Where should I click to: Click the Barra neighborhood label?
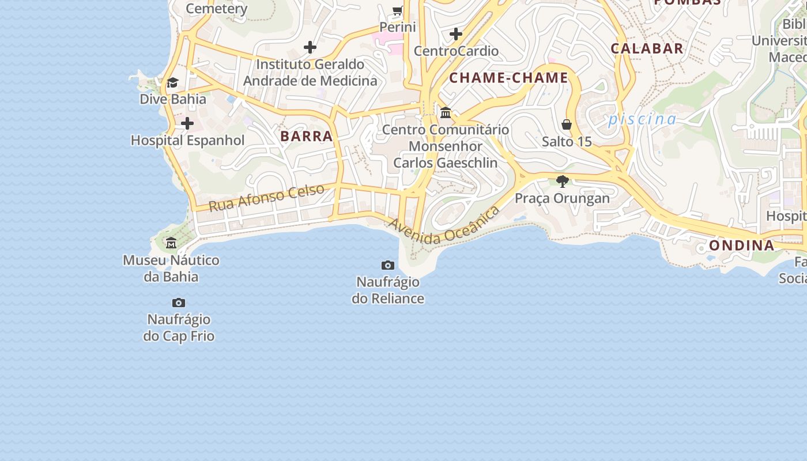tap(307, 137)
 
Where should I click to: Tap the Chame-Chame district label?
tap(508, 78)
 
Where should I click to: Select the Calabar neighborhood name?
tap(647, 48)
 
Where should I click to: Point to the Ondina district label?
tap(741, 245)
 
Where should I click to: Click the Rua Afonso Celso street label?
tap(266, 198)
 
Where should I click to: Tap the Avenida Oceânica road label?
tap(444, 226)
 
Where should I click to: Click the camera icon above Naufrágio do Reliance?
tap(388, 266)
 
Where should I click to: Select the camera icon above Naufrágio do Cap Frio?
tap(179, 303)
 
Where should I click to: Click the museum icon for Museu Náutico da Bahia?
tap(171, 243)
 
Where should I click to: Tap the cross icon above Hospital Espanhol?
tap(187, 123)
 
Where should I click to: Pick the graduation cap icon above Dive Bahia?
tap(172, 83)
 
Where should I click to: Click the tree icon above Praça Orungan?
tap(563, 182)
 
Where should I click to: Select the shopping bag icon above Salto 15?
tap(567, 124)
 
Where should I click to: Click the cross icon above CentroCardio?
tap(456, 34)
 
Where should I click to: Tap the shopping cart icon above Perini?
tap(398, 10)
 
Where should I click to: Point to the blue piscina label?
tap(642, 119)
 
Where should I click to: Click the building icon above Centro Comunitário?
tap(446, 112)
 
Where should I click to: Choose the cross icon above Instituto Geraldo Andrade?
tap(310, 47)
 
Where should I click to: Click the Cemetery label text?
tap(217, 9)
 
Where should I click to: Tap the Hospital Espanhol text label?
tap(188, 141)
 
